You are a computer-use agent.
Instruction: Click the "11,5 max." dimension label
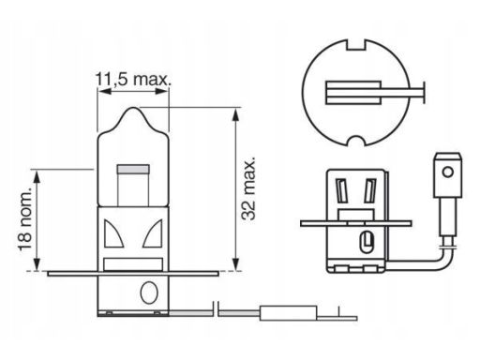[133, 80]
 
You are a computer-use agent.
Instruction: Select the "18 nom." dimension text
[25, 219]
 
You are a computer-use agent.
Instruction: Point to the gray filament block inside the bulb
[133, 170]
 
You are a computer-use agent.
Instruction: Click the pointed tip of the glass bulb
[134, 108]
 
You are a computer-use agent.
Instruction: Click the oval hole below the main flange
[149, 292]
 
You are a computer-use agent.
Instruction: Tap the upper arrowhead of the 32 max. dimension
[236, 114]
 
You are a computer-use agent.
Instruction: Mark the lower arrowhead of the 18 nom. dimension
[37, 264]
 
